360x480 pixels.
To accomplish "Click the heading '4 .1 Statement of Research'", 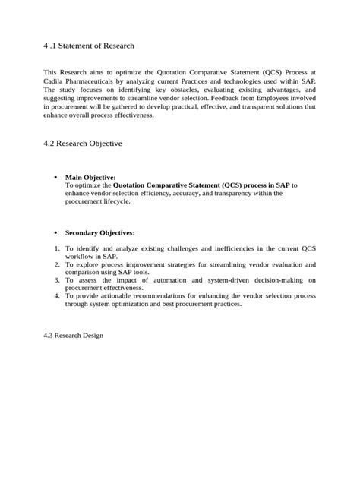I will (x=89, y=46).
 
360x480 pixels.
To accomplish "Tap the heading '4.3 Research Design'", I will (x=73, y=335).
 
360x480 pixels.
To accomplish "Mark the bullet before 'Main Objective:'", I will (x=55, y=177).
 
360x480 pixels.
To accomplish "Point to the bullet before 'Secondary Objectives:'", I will (x=55, y=232).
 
